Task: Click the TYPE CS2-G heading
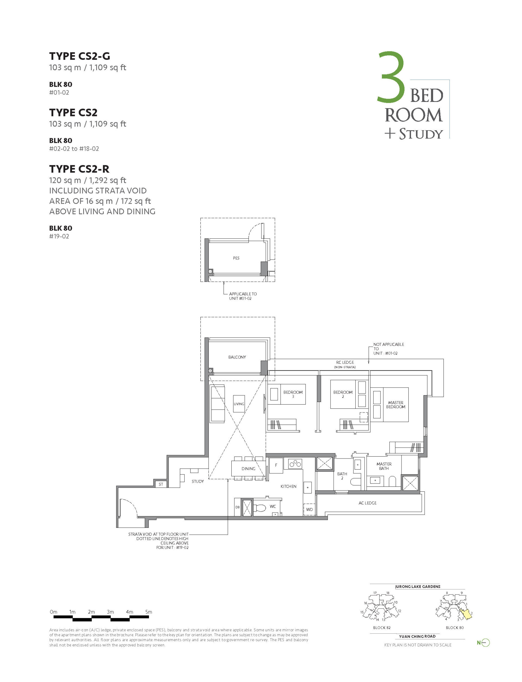coord(80,56)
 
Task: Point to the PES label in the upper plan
coord(236,258)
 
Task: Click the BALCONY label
coord(237,357)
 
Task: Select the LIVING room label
coord(239,404)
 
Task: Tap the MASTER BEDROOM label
coord(396,405)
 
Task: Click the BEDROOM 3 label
coord(293,394)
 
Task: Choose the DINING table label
coord(248,469)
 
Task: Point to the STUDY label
coord(198,481)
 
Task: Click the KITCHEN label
coord(288,486)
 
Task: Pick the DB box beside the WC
coord(237,507)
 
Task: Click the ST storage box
coord(161,484)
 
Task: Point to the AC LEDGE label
coord(367,503)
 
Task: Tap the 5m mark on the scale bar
coord(148,612)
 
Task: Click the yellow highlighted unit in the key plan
coord(466,614)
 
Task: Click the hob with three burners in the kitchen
coord(295,464)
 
